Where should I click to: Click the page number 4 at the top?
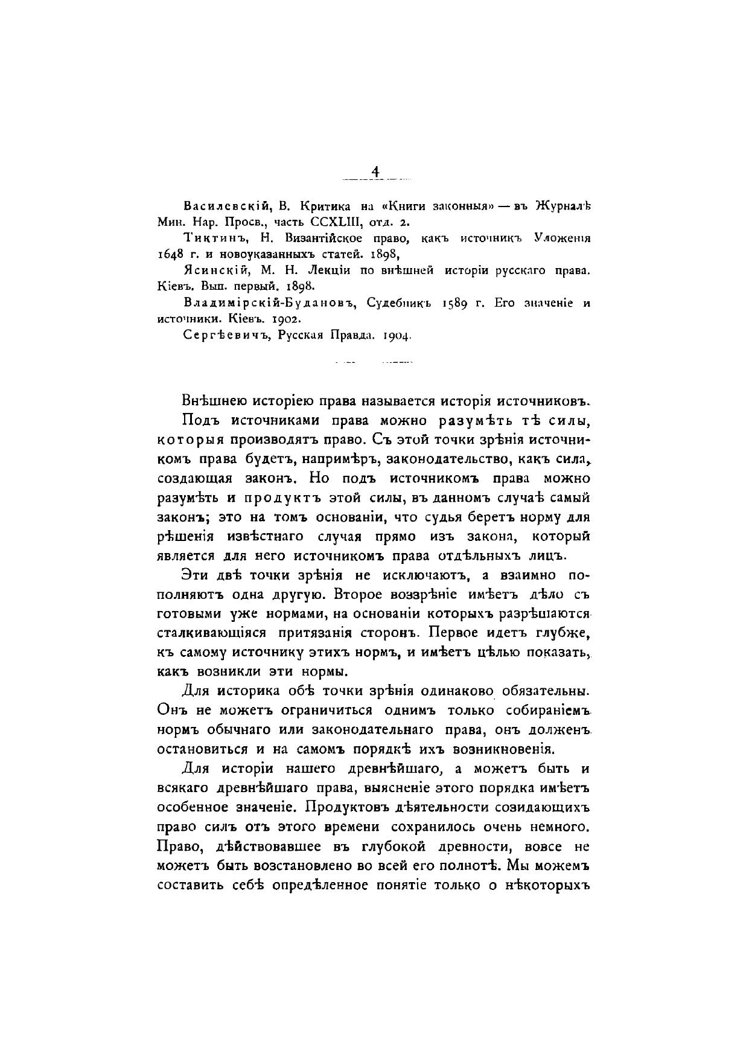[x=375, y=171]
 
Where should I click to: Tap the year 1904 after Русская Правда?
[x=397, y=335]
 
